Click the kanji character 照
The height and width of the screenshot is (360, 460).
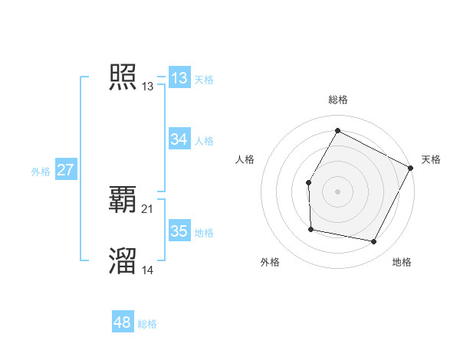[123, 77]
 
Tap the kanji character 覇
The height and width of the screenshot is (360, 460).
[123, 200]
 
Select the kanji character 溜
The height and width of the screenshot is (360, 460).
[123, 260]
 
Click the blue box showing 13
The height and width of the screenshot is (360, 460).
[179, 78]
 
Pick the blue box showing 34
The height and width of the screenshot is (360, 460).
[179, 139]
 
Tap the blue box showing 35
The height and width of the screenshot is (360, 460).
[179, 231]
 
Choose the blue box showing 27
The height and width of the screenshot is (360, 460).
[65, 170]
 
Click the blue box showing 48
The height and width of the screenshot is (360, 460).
[122, 322]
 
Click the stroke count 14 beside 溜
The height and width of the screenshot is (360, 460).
[148, 270]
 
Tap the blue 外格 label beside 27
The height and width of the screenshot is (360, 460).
[41, 172]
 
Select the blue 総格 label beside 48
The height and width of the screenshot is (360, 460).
[147, 324]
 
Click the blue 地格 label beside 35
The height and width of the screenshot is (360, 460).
[204, 233]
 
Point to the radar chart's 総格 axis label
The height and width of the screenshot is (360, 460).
[338, 100]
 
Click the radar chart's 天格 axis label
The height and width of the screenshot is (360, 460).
[431, 159]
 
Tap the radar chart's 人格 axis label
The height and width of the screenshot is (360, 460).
[245, 159]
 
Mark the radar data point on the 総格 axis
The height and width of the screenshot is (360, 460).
[337, 131]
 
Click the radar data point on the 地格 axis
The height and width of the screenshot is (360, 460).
[374, 242]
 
